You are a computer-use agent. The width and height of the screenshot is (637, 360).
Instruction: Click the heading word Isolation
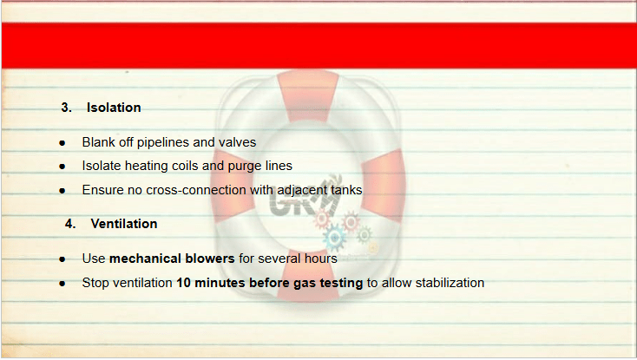point(114,108)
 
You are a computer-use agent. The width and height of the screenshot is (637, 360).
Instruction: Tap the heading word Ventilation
point(124,224)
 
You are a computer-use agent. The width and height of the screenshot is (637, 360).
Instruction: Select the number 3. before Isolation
point(67,108)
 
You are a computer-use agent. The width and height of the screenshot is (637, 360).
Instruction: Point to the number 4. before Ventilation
point(70,224)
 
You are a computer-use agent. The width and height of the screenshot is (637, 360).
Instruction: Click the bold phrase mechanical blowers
point(172,259)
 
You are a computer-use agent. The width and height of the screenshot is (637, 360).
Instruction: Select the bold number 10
point(184,283)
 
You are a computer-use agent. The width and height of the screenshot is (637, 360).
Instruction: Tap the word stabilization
point(450,283)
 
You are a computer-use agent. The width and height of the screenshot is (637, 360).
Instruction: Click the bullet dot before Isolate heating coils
point(62,167)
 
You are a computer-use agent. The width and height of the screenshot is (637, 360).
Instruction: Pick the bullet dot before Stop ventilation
point(62,284)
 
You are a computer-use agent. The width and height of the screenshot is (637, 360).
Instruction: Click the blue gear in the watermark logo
point(334,238)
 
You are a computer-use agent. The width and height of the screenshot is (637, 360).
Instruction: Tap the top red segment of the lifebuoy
point(309,95)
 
